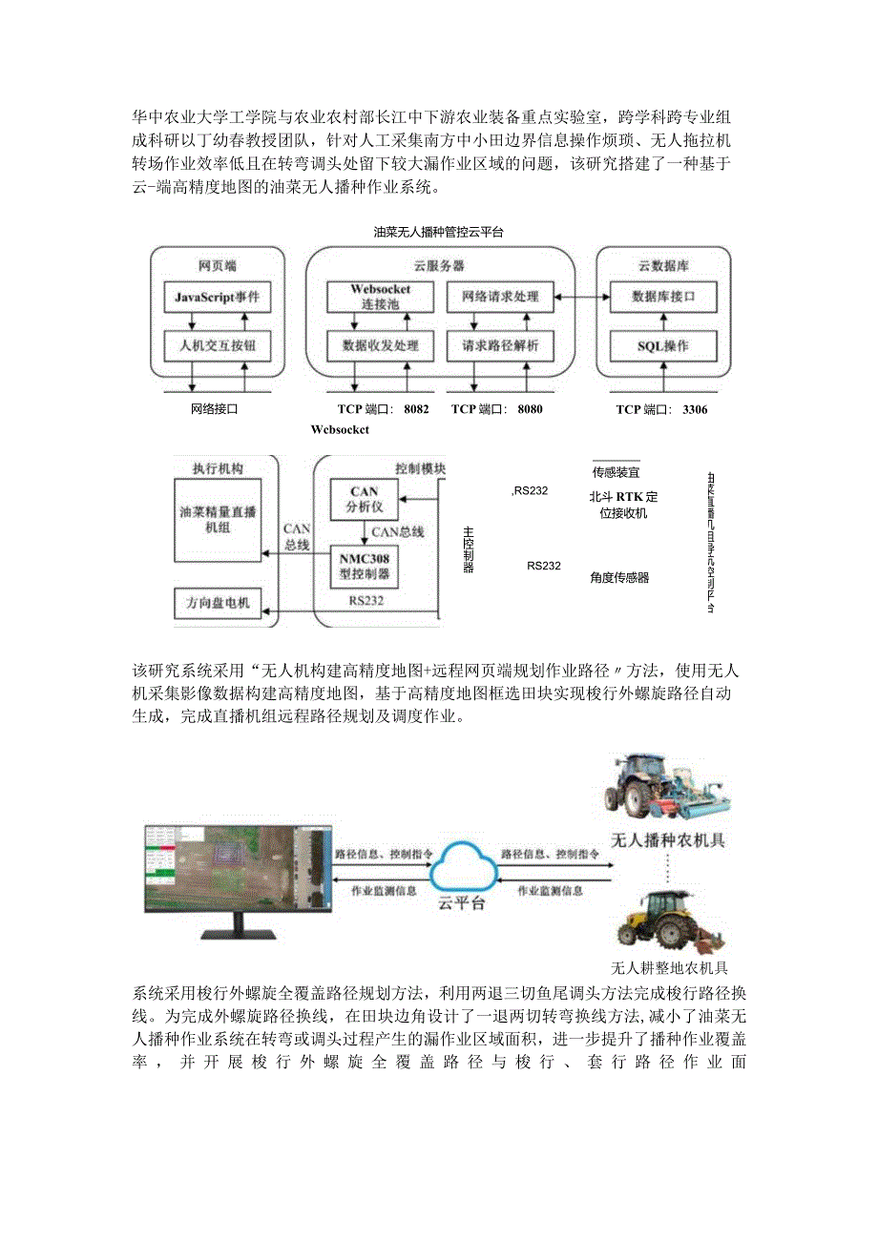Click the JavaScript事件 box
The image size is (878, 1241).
pyautogui.click(x=217, y=297)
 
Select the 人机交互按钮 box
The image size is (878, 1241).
pyautogui.click(x=217, y=345)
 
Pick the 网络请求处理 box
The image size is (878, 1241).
pyautogui.click(x=500, y=297)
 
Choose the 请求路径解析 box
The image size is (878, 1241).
pyautogui.click(x=500, y=345)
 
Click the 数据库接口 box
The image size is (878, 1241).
pyautogui.click(x=662, y=297)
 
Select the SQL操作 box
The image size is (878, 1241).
pyautogui.click(x=662, y=345)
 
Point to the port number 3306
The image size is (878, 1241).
pyautogui.click(x=695, y=409)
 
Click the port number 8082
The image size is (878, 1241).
pyautogui.click(x=416, y=409)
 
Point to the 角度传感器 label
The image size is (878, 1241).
pyautogui.click(x=619, y=577)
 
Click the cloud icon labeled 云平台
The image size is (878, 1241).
pyautogui.click(x=461, y=868)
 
